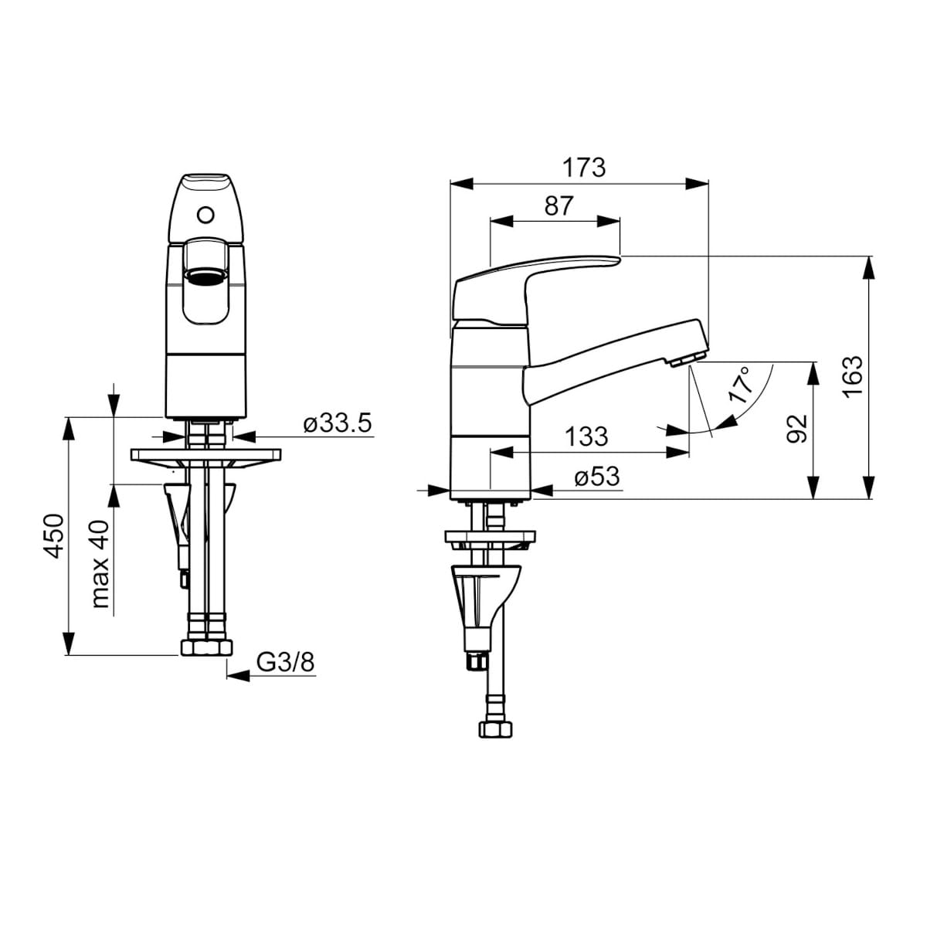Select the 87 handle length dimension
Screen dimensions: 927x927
coord(559,206)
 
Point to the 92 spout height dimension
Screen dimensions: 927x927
coord(796,428)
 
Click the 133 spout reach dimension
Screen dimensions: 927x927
coord(586,436)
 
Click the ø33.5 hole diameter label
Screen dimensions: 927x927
coord(338,423)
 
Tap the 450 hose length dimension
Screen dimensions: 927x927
coord(53,536)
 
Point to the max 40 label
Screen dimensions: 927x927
coord(100,563)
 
